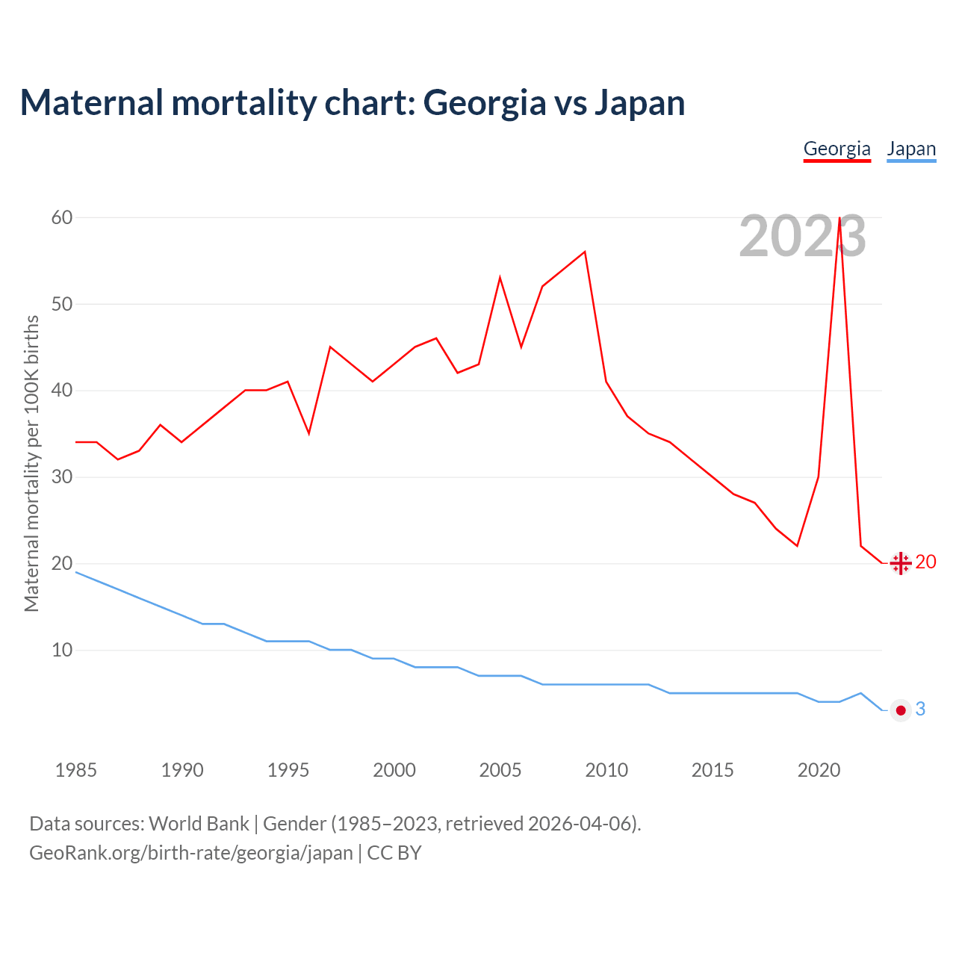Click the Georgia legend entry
pos(836,149)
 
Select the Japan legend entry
pos(911,149)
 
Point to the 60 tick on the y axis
pos(62,217)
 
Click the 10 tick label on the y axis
pos(62,650)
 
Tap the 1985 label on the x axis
pos(75,770)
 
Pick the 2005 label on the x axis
pos(500,770)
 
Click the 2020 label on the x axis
pos(819,770)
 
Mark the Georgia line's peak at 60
pos(840,218)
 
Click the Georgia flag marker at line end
pos(901,563)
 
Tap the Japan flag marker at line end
pos(901,710)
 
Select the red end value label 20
pos(925,562)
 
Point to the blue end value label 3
pos(920,710)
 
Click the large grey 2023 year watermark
pos(802,237)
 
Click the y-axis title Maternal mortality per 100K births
pos(31,463)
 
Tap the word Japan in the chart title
pos(639,103)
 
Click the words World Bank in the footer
pos(199,824)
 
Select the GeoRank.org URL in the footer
pos(190,853)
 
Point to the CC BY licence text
pos(394,853)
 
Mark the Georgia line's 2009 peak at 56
pos(585,252)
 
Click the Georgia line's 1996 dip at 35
pos(308,433)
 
